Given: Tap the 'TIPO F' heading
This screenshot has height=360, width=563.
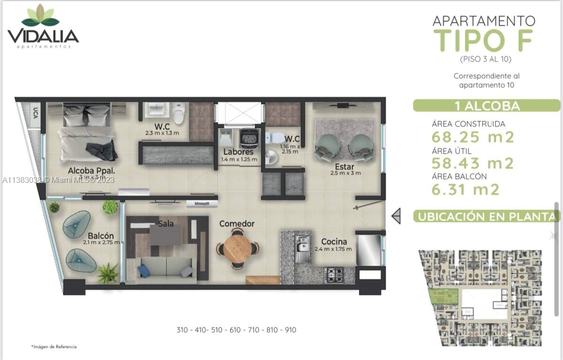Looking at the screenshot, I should click(x=483, y=41).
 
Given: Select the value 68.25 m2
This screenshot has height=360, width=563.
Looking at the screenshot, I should click(x=473, y=138).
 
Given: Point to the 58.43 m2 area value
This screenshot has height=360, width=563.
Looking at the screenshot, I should click(x=473, y=163).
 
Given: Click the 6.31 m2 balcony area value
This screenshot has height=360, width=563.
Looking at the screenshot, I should click(x=466, y=190).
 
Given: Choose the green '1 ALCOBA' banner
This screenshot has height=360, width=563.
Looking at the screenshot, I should click(x=486, y=106).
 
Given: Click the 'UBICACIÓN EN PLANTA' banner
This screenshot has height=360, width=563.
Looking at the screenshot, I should click(x=486, y=217).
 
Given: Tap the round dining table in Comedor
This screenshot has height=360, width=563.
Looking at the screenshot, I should click(x=237, y=247).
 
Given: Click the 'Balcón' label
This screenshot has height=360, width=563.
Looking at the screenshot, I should click(x=100, y=236).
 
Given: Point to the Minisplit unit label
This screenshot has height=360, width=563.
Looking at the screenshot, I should click(x=202, y=204).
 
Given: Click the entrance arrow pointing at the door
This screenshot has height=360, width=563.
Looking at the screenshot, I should click(x=396, y=216).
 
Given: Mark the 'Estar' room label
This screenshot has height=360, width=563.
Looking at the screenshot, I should click(x=345, y=167).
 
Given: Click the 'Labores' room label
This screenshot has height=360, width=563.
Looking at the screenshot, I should click(x=238, y=152).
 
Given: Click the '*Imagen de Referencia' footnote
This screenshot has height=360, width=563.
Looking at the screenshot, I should click(x=54, y=347).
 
